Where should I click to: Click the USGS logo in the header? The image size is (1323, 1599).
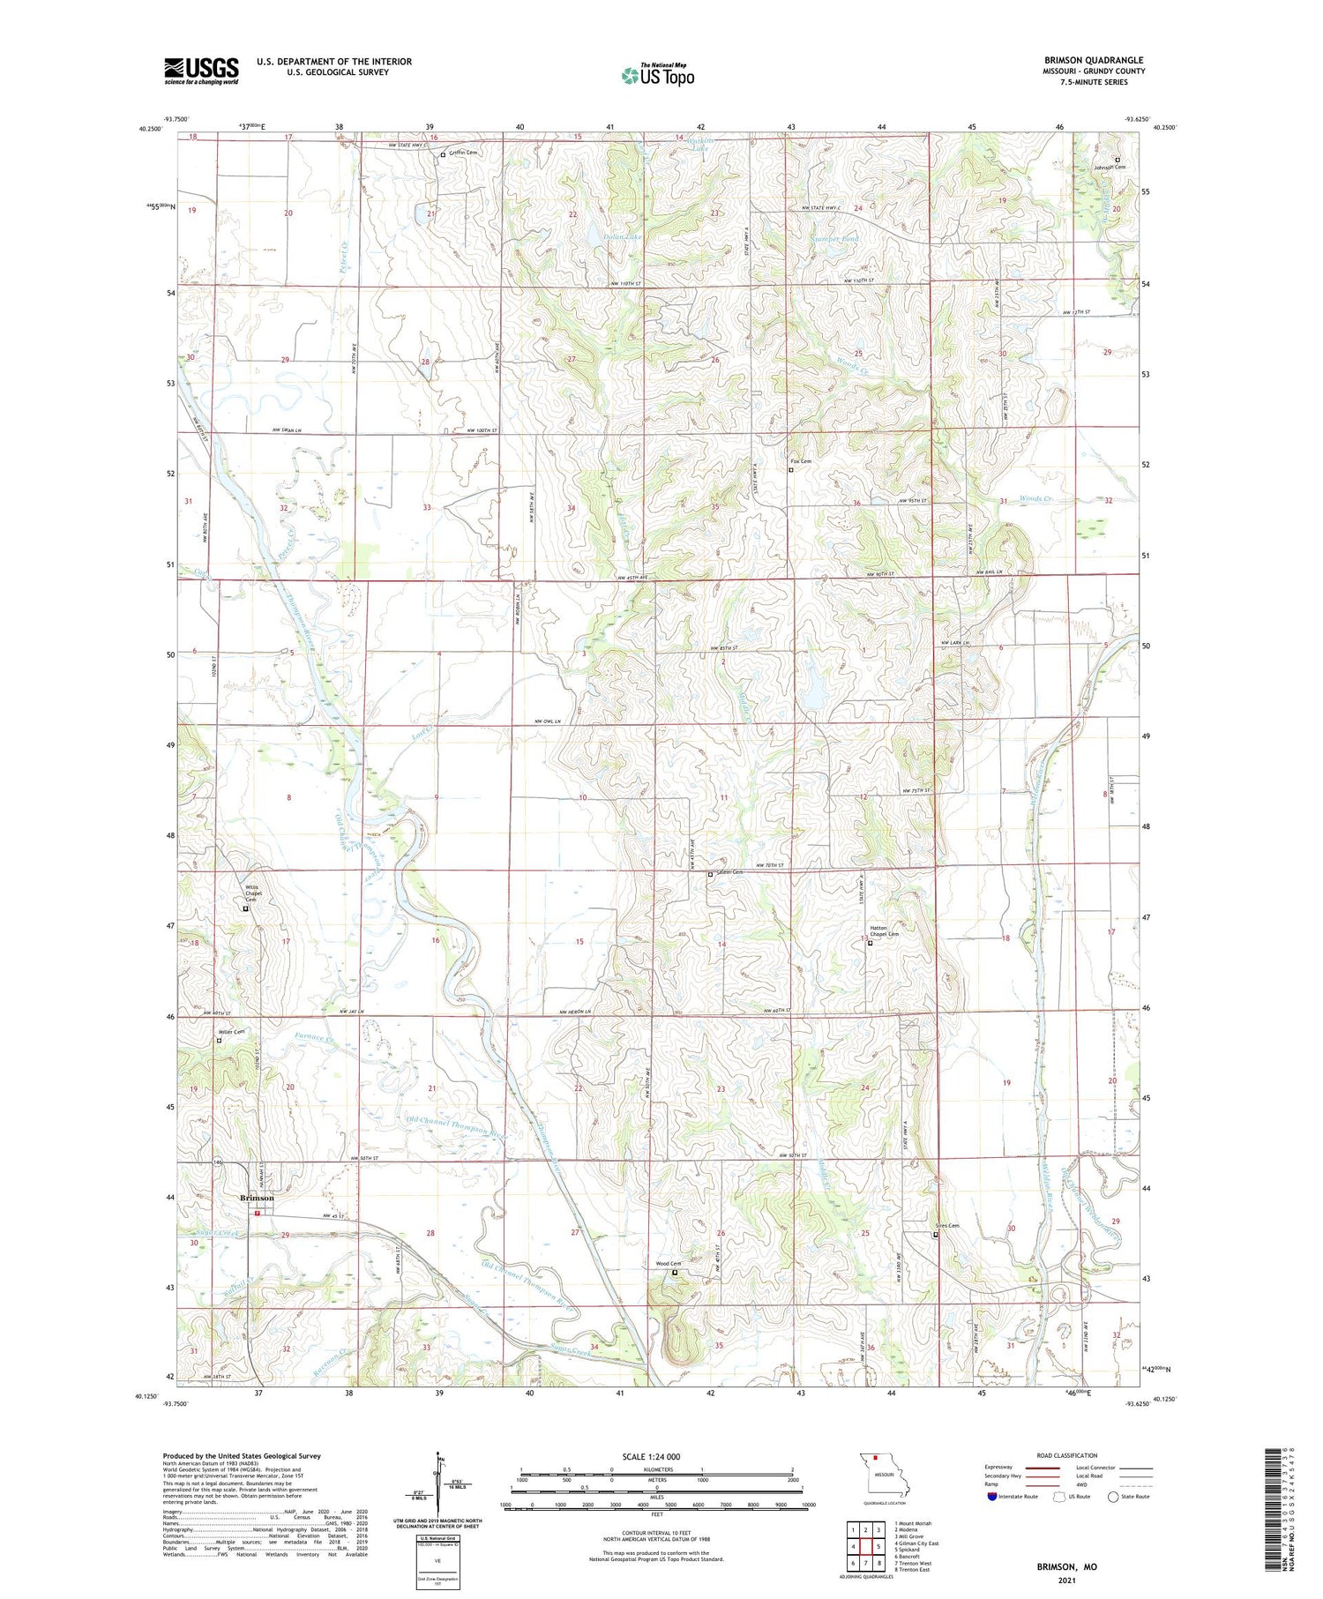(x=201, y=71)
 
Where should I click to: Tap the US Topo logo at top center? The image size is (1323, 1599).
(x=657, y=75)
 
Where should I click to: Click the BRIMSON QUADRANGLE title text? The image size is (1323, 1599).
(x=1093, y=60)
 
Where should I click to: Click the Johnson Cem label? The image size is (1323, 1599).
(x=1109, y=167)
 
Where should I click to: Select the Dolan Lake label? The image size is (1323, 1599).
(x=623, y=237)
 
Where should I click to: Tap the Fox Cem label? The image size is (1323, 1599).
(x=800, y=461)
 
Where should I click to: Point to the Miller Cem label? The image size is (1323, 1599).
(x=232, y=1032)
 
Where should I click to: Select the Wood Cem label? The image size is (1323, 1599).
(x=668, y=1264)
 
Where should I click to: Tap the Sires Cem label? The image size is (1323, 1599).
(x=946, y=1226)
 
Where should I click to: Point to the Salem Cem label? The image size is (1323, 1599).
(x=729, y=873)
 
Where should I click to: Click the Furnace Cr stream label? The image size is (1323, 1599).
(x=318, y=1042)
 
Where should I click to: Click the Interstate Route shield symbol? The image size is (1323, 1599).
(x=992, y=1497)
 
